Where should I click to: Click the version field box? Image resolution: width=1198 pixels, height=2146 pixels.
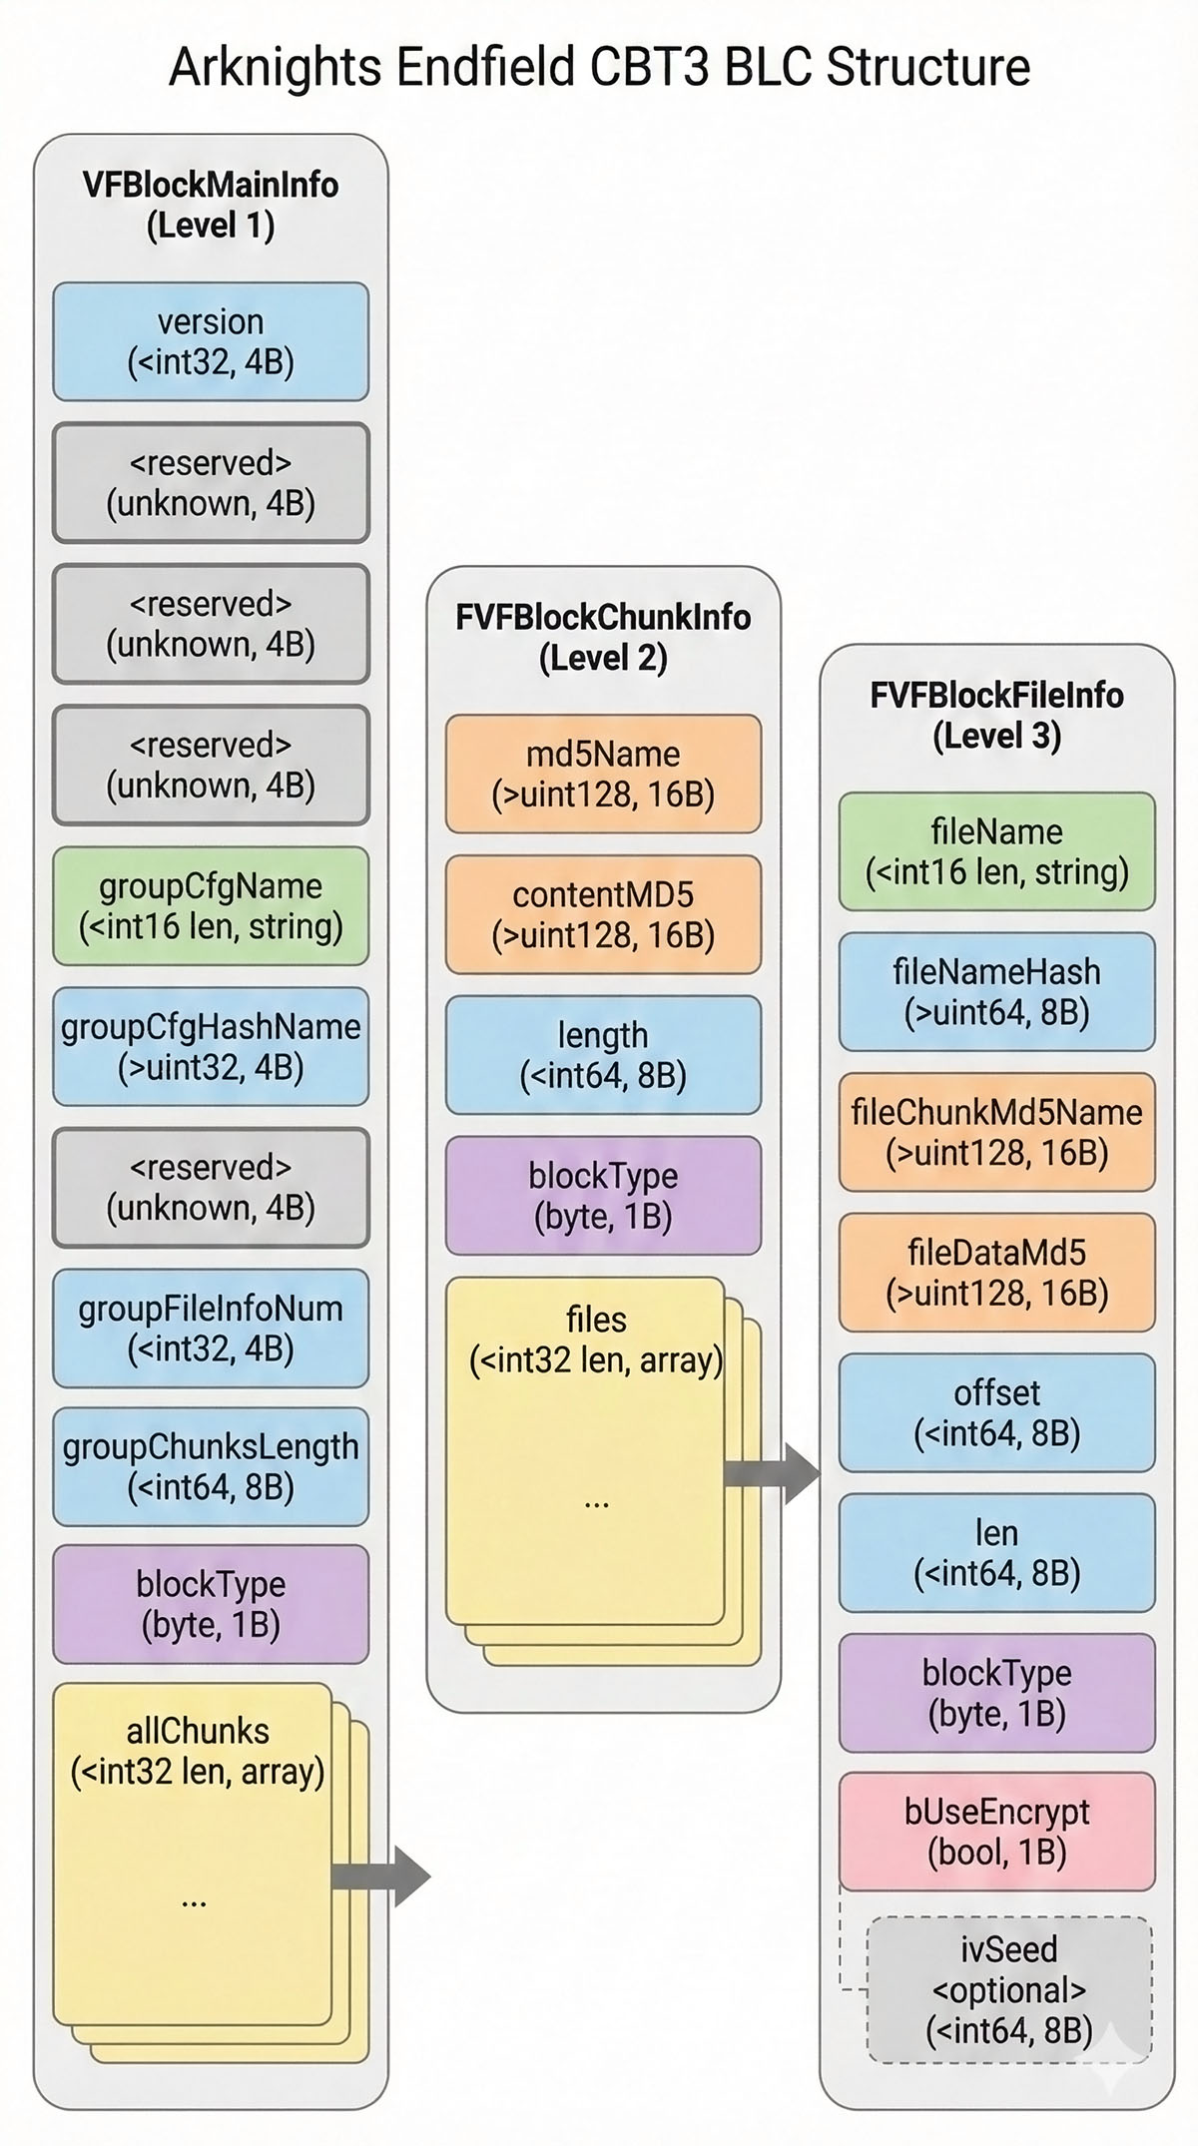[211, 341]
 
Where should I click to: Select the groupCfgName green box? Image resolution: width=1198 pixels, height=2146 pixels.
[211, 905]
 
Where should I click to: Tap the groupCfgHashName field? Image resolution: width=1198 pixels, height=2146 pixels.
[211, 1046]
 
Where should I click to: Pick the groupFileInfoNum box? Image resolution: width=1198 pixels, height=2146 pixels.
[211, 1328]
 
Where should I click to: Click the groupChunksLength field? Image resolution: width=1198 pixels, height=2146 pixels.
[211, 1466]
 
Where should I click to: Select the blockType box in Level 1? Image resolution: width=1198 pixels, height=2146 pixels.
[211, 1604]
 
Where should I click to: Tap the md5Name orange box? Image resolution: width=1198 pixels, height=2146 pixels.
[603, 774]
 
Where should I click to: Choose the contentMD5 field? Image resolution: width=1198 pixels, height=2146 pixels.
[603, 914]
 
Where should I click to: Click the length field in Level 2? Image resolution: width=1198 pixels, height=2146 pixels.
[603, 1055]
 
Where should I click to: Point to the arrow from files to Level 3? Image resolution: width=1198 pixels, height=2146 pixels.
[774, 1472]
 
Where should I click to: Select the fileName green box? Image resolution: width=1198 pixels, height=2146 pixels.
[996, 851]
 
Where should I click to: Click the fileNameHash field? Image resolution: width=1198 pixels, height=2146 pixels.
[996, 991]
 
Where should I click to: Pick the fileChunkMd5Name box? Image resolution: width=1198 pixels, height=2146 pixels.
[996, 1132]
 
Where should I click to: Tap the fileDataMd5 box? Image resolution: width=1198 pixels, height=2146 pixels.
[996, 1272]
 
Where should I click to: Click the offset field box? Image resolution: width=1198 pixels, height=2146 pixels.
[996, 1412]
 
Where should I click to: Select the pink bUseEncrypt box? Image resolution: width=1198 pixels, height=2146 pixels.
[996, 1832]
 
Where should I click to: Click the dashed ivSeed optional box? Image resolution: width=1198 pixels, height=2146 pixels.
[1008, 1989]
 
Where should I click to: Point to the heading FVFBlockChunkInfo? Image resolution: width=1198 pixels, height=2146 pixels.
[603, 617]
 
